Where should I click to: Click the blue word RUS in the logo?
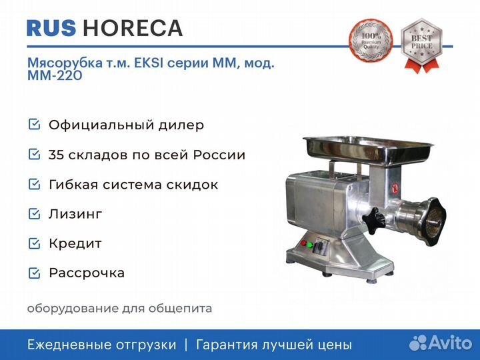[x=51, y=28]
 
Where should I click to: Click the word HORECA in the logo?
[x=133, y=28]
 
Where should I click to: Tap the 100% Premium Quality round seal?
[x=371, y=41]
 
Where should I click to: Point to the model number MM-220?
[x=55, y=75]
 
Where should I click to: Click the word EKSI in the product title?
[x=149, y=63]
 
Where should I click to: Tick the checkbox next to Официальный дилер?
[x=34, y=124]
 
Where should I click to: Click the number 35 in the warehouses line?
[x=56, y=155]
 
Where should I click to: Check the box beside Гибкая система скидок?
[x=34, y=184]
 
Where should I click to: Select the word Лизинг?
[x=75, y=214]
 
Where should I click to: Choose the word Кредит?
[x=75, y=244]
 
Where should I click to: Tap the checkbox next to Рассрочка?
[x=34, y=273]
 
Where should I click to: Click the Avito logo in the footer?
[x=441, y=343]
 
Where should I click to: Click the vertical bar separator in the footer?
[x=186, y=345]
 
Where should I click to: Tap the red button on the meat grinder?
[x=303, y=243]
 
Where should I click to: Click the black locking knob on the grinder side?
[x=373, y=221]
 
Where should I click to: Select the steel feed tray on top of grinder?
[x=367, y=150]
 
